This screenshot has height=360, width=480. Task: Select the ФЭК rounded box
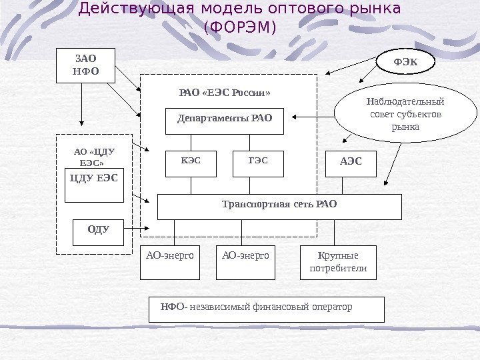(x=405, y=62)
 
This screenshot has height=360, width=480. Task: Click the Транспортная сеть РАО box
(x=279, y=207)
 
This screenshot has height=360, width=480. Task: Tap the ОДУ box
(x=99, y=233)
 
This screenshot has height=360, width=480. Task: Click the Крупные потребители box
(x=339, y=262)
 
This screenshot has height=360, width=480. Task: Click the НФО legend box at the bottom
(x=267, y=309)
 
